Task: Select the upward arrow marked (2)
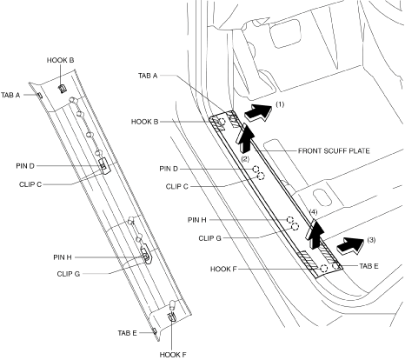pos(244,137)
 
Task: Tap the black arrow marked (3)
pos(350,245)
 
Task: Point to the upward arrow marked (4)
pos(315,234)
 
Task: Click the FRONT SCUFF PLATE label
pos(334,151)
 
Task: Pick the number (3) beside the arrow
pos(371,240)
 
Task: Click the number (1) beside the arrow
pos(280,104)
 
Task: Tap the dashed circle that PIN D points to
pos(256,169)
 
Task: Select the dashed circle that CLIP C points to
pos(261,176)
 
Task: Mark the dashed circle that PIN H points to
pos(290,220)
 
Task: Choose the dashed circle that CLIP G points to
pos(295,226)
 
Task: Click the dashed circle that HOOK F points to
pos(324,269)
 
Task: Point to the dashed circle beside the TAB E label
pos(335,266)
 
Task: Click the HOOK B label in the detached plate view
pos(60,60)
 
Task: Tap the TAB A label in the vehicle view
pos(148,76)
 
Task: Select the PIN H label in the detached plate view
pos(63,257)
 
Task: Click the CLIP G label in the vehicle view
pos(209,238)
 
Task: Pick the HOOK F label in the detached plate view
pos(173,355)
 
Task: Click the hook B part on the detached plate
pos(63,89)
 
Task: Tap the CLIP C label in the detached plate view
pos(30,184)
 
